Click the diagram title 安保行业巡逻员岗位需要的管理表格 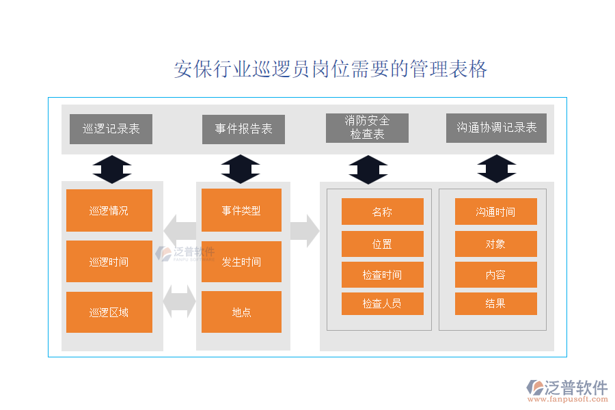pos(331,70)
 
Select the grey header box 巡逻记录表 pos(111,128)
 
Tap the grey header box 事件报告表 pos(243,128)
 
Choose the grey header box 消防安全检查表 pos(367,128)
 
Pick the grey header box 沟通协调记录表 pos(496,128)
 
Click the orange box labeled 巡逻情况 pos(109,210)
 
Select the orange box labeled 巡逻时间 pos(109,261)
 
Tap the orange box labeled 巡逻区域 pos(109,312)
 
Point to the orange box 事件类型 pos(241,210)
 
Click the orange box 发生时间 pos(241,261)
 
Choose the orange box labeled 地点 pos(241,312)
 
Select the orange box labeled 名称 pos(382,212)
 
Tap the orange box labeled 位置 pos(382,244)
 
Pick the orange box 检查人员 pos(382,303)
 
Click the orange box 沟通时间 pos(495,212)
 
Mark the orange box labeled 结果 pos(495,303)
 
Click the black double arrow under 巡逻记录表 pos(112,169)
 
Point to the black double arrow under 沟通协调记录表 pos(497,169)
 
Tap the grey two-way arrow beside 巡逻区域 pos(179,301)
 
